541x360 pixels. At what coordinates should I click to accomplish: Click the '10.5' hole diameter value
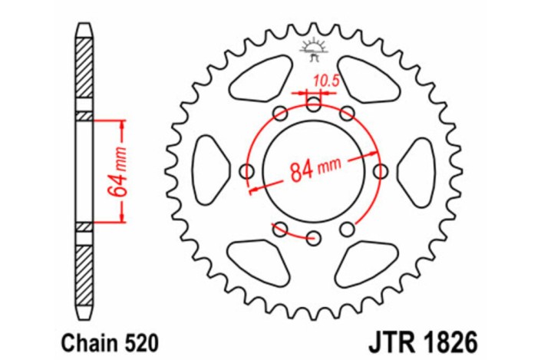click(x=325, y=78)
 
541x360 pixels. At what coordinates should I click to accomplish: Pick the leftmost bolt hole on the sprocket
click(x=247, y=170)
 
